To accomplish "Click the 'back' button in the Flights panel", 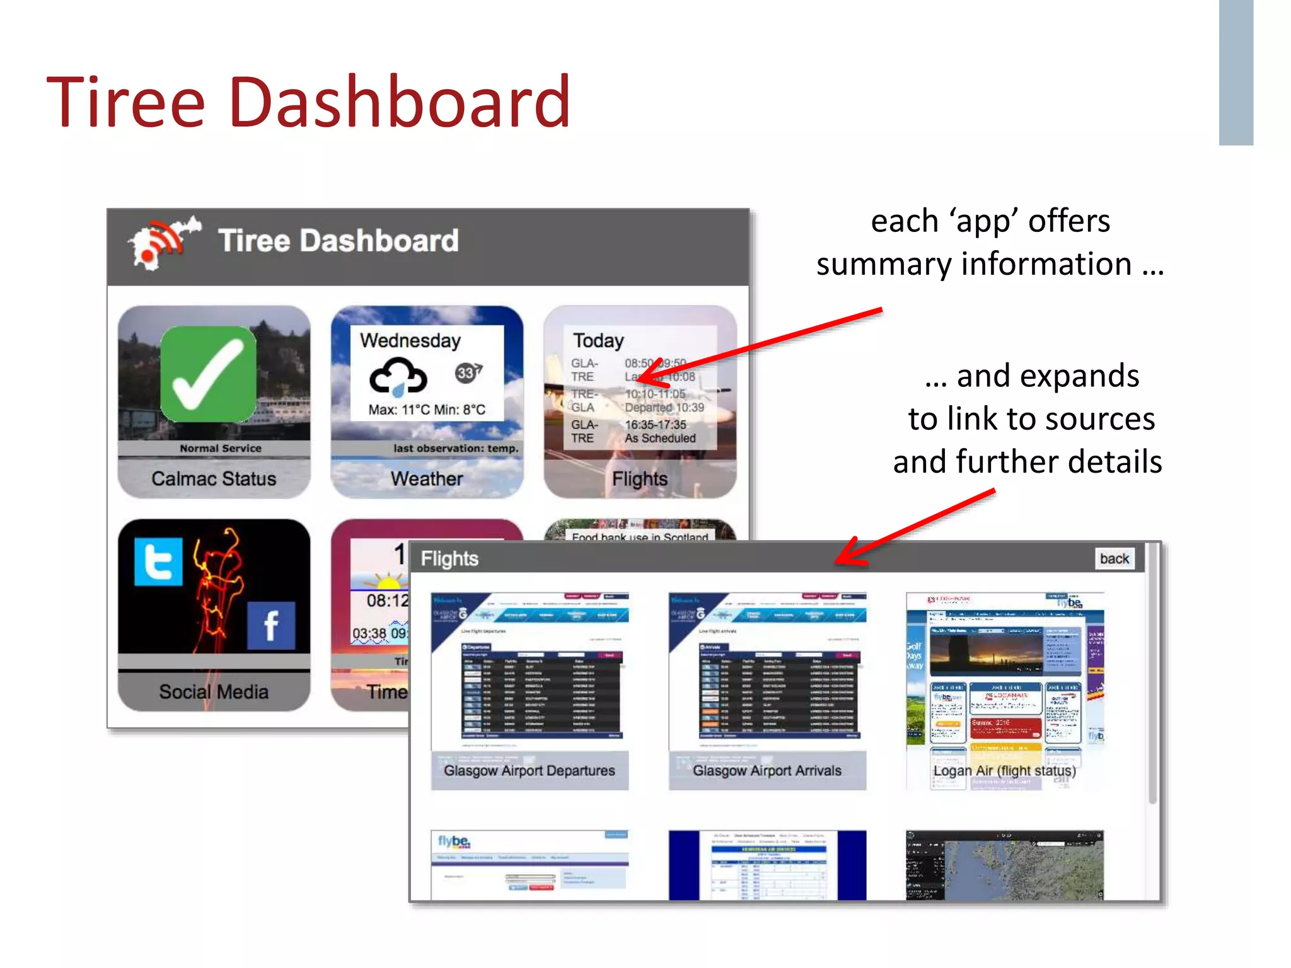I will (1114, 559).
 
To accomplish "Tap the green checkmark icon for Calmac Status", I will (208, 374).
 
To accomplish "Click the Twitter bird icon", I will (158, 562).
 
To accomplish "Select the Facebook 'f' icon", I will (271, 626).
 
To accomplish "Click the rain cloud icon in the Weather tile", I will (398, 376).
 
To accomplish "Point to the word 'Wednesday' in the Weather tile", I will (410, 341).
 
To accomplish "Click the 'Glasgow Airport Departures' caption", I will (530, 771).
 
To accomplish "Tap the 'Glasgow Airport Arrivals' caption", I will (767, 771).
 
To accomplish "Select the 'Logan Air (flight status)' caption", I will (1005, 771).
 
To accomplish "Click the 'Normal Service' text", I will (221, 449).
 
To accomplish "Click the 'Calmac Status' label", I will (214, 479).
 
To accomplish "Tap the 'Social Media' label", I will (214, 692).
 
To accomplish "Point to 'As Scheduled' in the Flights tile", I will (660, 438).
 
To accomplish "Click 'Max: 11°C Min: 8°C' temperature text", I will (427, 410).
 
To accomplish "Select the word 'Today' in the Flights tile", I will (598, 341).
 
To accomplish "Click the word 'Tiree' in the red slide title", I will (126, 102).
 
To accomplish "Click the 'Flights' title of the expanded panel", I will (449, 559).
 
